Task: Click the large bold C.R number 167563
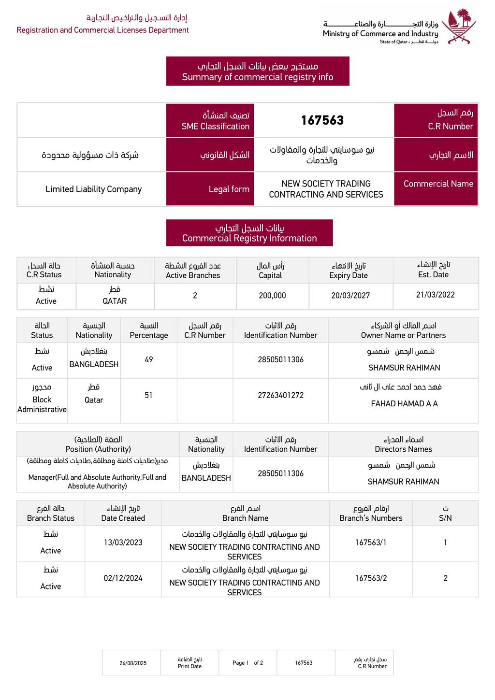point(322,120)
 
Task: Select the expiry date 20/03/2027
point(350,296)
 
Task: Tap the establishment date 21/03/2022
point(435,295)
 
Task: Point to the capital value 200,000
point(272,296)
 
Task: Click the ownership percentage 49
point(149,359)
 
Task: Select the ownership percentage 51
point(148,395)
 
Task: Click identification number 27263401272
point(281,395)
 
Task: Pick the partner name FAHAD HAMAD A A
point(404,403)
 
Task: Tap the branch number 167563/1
point(371,543)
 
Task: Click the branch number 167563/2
point(371,578)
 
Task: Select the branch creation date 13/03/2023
point(123,543)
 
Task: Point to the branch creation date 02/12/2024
point(123,578)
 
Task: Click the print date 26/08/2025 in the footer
point(133,663)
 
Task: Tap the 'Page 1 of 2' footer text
point(247,663)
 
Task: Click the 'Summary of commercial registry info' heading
point(258,77)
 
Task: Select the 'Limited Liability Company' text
point(94,189)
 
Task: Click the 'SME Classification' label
point(215,127)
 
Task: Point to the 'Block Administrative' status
point(42,404)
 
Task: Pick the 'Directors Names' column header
point(403,449)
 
